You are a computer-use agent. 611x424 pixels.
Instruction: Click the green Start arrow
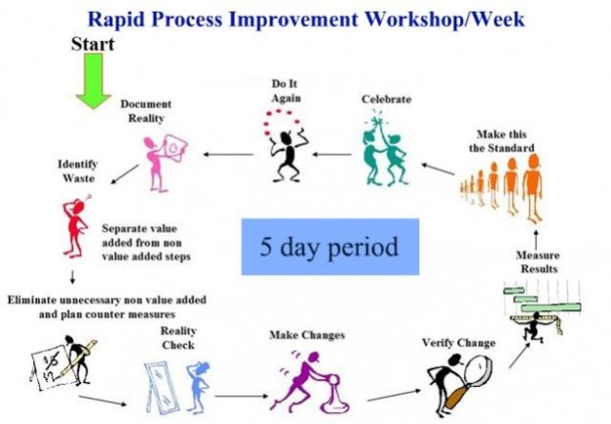click(93, 80)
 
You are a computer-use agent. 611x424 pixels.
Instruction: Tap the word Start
click(93, 44)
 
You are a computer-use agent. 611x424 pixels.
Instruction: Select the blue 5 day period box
click(330, 247)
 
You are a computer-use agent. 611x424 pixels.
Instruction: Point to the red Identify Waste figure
click(75, 226)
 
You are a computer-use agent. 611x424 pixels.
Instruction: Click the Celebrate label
click(386, 99)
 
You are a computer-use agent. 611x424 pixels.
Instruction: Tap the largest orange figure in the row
click(533, 188)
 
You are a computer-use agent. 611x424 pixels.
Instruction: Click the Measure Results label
click(539, 261)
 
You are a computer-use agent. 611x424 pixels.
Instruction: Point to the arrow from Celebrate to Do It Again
click(332, 155)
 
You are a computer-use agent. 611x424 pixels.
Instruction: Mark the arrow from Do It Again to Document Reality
click(228, 155)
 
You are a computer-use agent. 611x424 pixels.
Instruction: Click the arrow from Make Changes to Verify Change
click(394, 395)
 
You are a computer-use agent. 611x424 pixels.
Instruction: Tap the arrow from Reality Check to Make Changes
click(241, 397)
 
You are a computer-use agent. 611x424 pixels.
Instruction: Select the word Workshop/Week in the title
click(445, 20)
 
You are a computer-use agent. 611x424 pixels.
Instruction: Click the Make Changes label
click(307, 335)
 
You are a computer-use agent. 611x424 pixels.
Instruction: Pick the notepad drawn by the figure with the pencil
click(50, 365)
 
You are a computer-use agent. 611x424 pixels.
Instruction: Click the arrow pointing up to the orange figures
click(537, 240)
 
